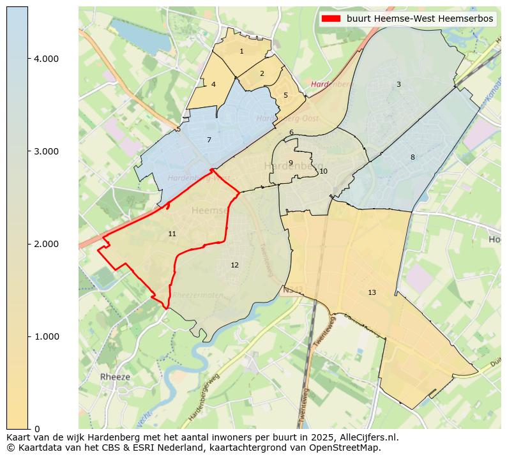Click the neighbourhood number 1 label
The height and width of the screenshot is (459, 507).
pyautogui.click(x=241, y=51)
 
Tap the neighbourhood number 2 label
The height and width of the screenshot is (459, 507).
pyautogui.click(x=262, y=73)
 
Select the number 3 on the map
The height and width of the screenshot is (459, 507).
pyautogui.click(x=398, y=84)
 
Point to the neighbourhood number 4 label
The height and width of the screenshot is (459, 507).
pyautogui.click(x=213, y=84)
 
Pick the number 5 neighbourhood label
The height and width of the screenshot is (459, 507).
pyautogui.click(x=285, y=95)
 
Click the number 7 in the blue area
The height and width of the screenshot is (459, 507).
pyautogui.click(x=209, y=140)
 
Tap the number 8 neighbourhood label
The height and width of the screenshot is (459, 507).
pyautogui.click(x=412, y=157)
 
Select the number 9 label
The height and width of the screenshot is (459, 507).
pyautogui.click(x=291, y=163)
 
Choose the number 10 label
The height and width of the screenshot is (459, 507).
pyautogui.click(x=324, y=171)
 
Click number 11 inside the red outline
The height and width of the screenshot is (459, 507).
pyautogui.click(x=172, y=234)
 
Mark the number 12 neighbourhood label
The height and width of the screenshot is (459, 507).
pyautogui.click(x=235, y=265)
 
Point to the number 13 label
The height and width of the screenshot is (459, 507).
pyautogui.click(x=372, y=292)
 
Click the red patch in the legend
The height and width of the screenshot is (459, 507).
pyautogui.click(x=332, y=19)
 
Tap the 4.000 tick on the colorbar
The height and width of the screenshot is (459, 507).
pyautogui.click(x=46, y=59)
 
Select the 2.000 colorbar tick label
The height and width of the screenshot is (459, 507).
pyautogui.click(x=46, y=244)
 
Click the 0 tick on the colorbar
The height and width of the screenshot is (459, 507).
pyautogui.click(x=37, y=429)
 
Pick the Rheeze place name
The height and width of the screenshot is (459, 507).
pyautogui.click(x=115, y=377)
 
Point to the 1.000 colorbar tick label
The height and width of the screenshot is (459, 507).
pyautogui.click(x=46, y=336)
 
